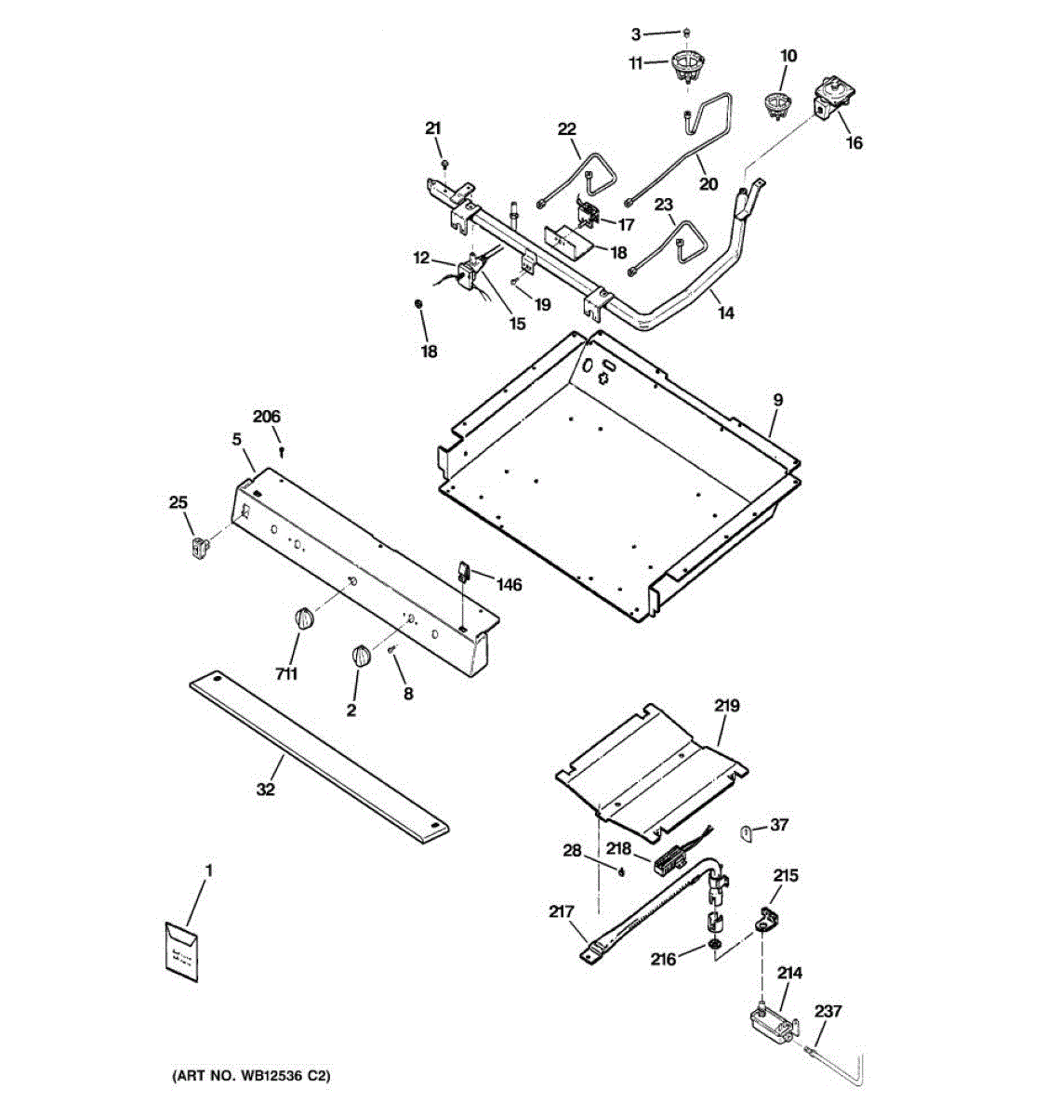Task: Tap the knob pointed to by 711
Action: pos(304,618)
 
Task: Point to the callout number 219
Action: pos(726,706)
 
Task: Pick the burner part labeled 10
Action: pos(775,103)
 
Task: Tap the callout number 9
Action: pos(777,400)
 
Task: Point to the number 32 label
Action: pos(266,790)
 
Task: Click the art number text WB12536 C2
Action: pos(250,1076)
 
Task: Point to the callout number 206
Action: pos(267,417)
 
